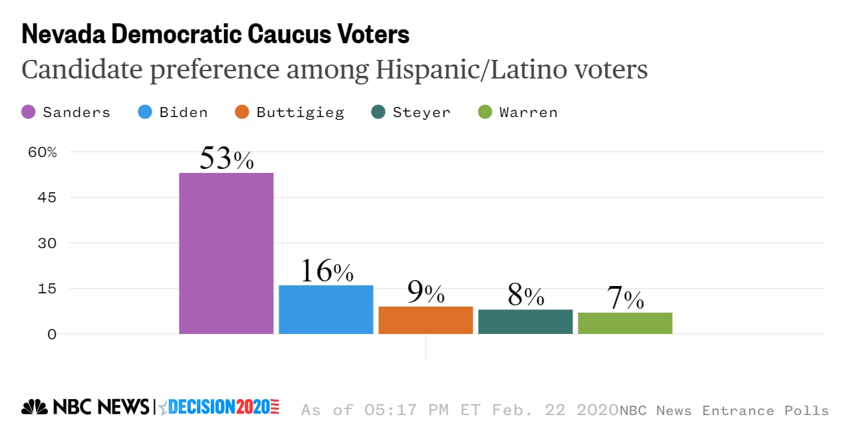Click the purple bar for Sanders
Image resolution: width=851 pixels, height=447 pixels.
click(226, 253)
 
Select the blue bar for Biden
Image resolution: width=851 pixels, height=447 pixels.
click(326, 309)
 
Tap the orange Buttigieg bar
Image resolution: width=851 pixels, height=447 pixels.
click(425, 320)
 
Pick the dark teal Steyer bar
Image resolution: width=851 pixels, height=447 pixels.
click(525, 321)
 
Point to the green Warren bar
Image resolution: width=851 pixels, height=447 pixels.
click(625, 323)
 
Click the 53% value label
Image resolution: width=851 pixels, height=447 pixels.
click(227, 159)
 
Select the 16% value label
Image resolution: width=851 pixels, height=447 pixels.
click(326, 271)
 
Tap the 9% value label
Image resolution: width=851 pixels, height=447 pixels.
click(425, 292)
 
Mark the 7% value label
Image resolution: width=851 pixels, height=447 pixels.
click(625, 299)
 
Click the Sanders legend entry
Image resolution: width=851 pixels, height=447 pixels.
click(66, 112)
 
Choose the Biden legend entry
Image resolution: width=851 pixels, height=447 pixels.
click(173, 112)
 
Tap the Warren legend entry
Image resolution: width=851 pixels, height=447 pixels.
click(518, 112)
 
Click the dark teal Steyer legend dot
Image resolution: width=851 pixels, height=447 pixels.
click(378, 112)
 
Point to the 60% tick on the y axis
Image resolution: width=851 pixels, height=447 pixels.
click(43, 152)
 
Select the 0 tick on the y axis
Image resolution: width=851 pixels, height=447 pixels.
click(51, 334)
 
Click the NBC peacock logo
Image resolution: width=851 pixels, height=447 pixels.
click(34, 407)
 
